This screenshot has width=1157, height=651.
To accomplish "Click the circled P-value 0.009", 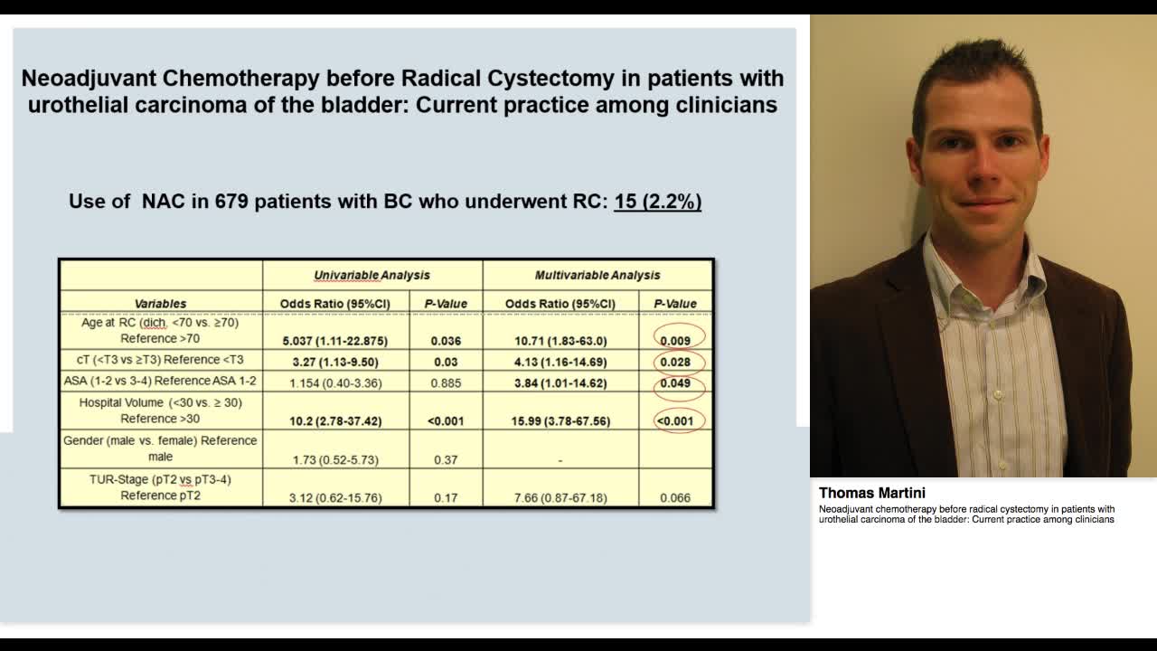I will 675,341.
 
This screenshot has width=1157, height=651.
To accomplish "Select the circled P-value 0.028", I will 675,362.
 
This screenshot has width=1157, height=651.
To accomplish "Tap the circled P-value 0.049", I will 675,382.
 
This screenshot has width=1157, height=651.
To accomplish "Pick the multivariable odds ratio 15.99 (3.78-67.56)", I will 560,420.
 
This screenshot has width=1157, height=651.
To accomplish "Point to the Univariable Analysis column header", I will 372,275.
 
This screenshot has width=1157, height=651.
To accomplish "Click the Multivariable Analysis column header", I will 597,275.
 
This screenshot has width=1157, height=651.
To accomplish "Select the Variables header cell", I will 160,304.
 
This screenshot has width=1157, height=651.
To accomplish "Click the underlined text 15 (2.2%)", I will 657,201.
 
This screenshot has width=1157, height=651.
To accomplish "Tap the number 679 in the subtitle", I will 232,201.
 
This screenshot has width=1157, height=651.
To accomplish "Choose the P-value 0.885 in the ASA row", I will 446,383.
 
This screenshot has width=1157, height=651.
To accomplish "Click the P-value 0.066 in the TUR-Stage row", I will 675,498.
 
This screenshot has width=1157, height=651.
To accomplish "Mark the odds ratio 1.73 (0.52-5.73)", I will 335,460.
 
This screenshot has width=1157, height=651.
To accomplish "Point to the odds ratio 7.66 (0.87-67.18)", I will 560,498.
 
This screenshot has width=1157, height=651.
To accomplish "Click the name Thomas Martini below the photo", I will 871,493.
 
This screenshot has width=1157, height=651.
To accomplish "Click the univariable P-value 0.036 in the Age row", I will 446,341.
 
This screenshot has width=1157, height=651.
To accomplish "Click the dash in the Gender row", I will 560,460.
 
